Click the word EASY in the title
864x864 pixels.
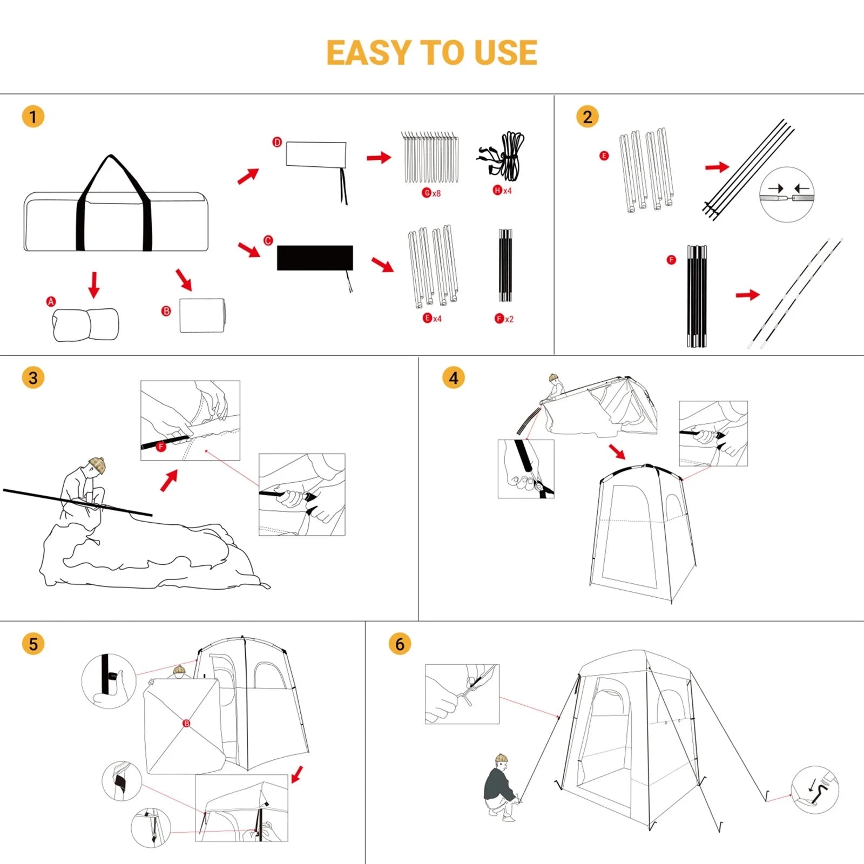tap(368, 53)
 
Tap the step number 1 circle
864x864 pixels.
tap(33, 117)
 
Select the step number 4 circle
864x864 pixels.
tap(454, 378)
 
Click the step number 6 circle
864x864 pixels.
tap(400, 644)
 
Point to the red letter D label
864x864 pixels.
tap(277, 143)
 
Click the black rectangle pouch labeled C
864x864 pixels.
tap(315, 258)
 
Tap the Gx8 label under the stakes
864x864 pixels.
tap(431, 193)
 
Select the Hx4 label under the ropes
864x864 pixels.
tap(502, 191)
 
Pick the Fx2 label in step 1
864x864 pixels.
tap(504, 319)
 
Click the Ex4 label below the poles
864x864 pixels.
tap(432, 318)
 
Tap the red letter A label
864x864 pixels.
tap(51, 301)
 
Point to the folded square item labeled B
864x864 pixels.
tap(202, 315)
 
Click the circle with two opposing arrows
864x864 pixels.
tap(786, 194)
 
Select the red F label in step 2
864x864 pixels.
tap(671, 260)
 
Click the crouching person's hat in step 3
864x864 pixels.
tap(97, 464)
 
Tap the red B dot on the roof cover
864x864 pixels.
tap(186, 723)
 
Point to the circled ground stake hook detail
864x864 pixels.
tap(814, 789)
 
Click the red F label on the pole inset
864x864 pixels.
tap(160, 447)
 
